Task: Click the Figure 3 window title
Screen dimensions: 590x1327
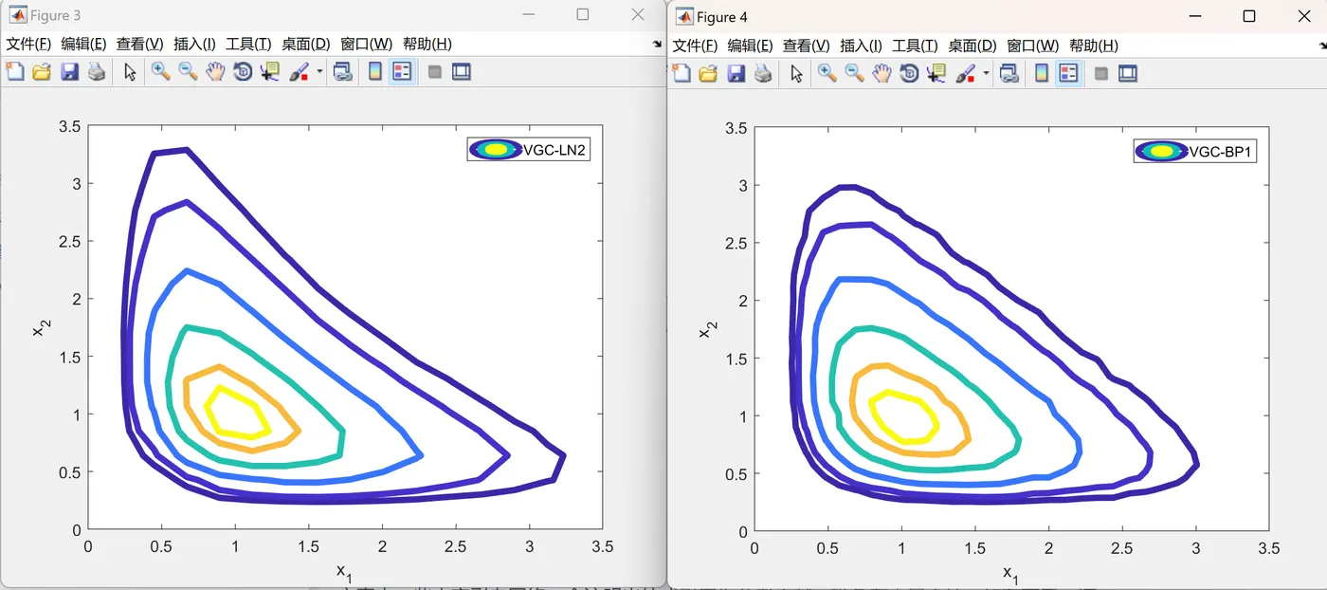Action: pos(56,15)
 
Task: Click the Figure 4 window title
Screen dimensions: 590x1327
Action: pos(721,17)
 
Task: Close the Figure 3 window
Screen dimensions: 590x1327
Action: pos(638,14)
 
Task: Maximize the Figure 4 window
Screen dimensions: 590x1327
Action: pos(1249,16)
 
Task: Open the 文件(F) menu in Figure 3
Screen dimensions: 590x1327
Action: pos(28,44)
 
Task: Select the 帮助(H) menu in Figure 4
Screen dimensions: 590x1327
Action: pos(1093,46)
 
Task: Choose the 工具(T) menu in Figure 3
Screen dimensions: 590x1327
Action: pos(249,44)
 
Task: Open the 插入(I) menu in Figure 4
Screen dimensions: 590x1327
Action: pos(861,46)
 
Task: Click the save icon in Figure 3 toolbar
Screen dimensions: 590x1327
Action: pos(69,72)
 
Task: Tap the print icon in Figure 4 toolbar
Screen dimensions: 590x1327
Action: pos(763,74)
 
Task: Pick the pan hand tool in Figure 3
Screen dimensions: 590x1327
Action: pos(215,72)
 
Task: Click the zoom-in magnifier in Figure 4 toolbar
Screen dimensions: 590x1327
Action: pos(827,74)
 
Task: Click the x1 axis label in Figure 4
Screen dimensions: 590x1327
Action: pos(1010,572)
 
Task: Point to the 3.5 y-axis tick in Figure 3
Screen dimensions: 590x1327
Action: pos(69,126)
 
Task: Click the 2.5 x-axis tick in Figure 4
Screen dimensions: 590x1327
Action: pos(1121,549)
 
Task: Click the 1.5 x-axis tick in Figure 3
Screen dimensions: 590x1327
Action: pos(308,547)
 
